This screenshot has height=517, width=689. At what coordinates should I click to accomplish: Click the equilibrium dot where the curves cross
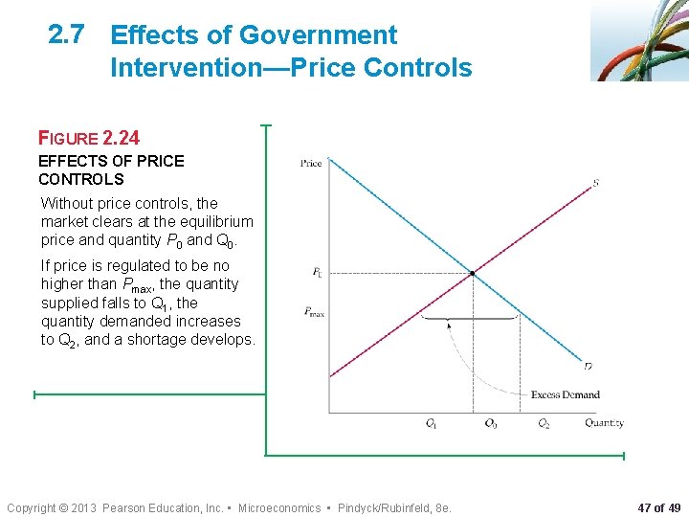[x=473, y=275]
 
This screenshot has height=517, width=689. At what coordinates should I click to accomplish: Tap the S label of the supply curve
[x=596, y=182]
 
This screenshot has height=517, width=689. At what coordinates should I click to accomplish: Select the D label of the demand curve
[x=589, y=366]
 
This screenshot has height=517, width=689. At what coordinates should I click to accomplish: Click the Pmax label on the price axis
[x=313, y=311]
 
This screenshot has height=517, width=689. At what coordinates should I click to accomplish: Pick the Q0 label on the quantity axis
[x=490, y=423]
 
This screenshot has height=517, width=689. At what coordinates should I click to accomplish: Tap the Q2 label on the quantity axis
[x=544, y=423]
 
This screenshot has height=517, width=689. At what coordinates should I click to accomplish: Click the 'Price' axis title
[x=311, y=163]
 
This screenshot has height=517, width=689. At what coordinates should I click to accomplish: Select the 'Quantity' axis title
[x=604, y=423]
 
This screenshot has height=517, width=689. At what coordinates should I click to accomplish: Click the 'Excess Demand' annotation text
[x=565, y=394]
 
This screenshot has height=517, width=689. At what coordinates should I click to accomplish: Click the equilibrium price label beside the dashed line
[x=317, y=273]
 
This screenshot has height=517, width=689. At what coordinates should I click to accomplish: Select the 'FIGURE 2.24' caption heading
[x=89, y=137]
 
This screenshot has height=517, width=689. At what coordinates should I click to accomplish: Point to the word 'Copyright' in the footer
[x=31, y=507]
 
